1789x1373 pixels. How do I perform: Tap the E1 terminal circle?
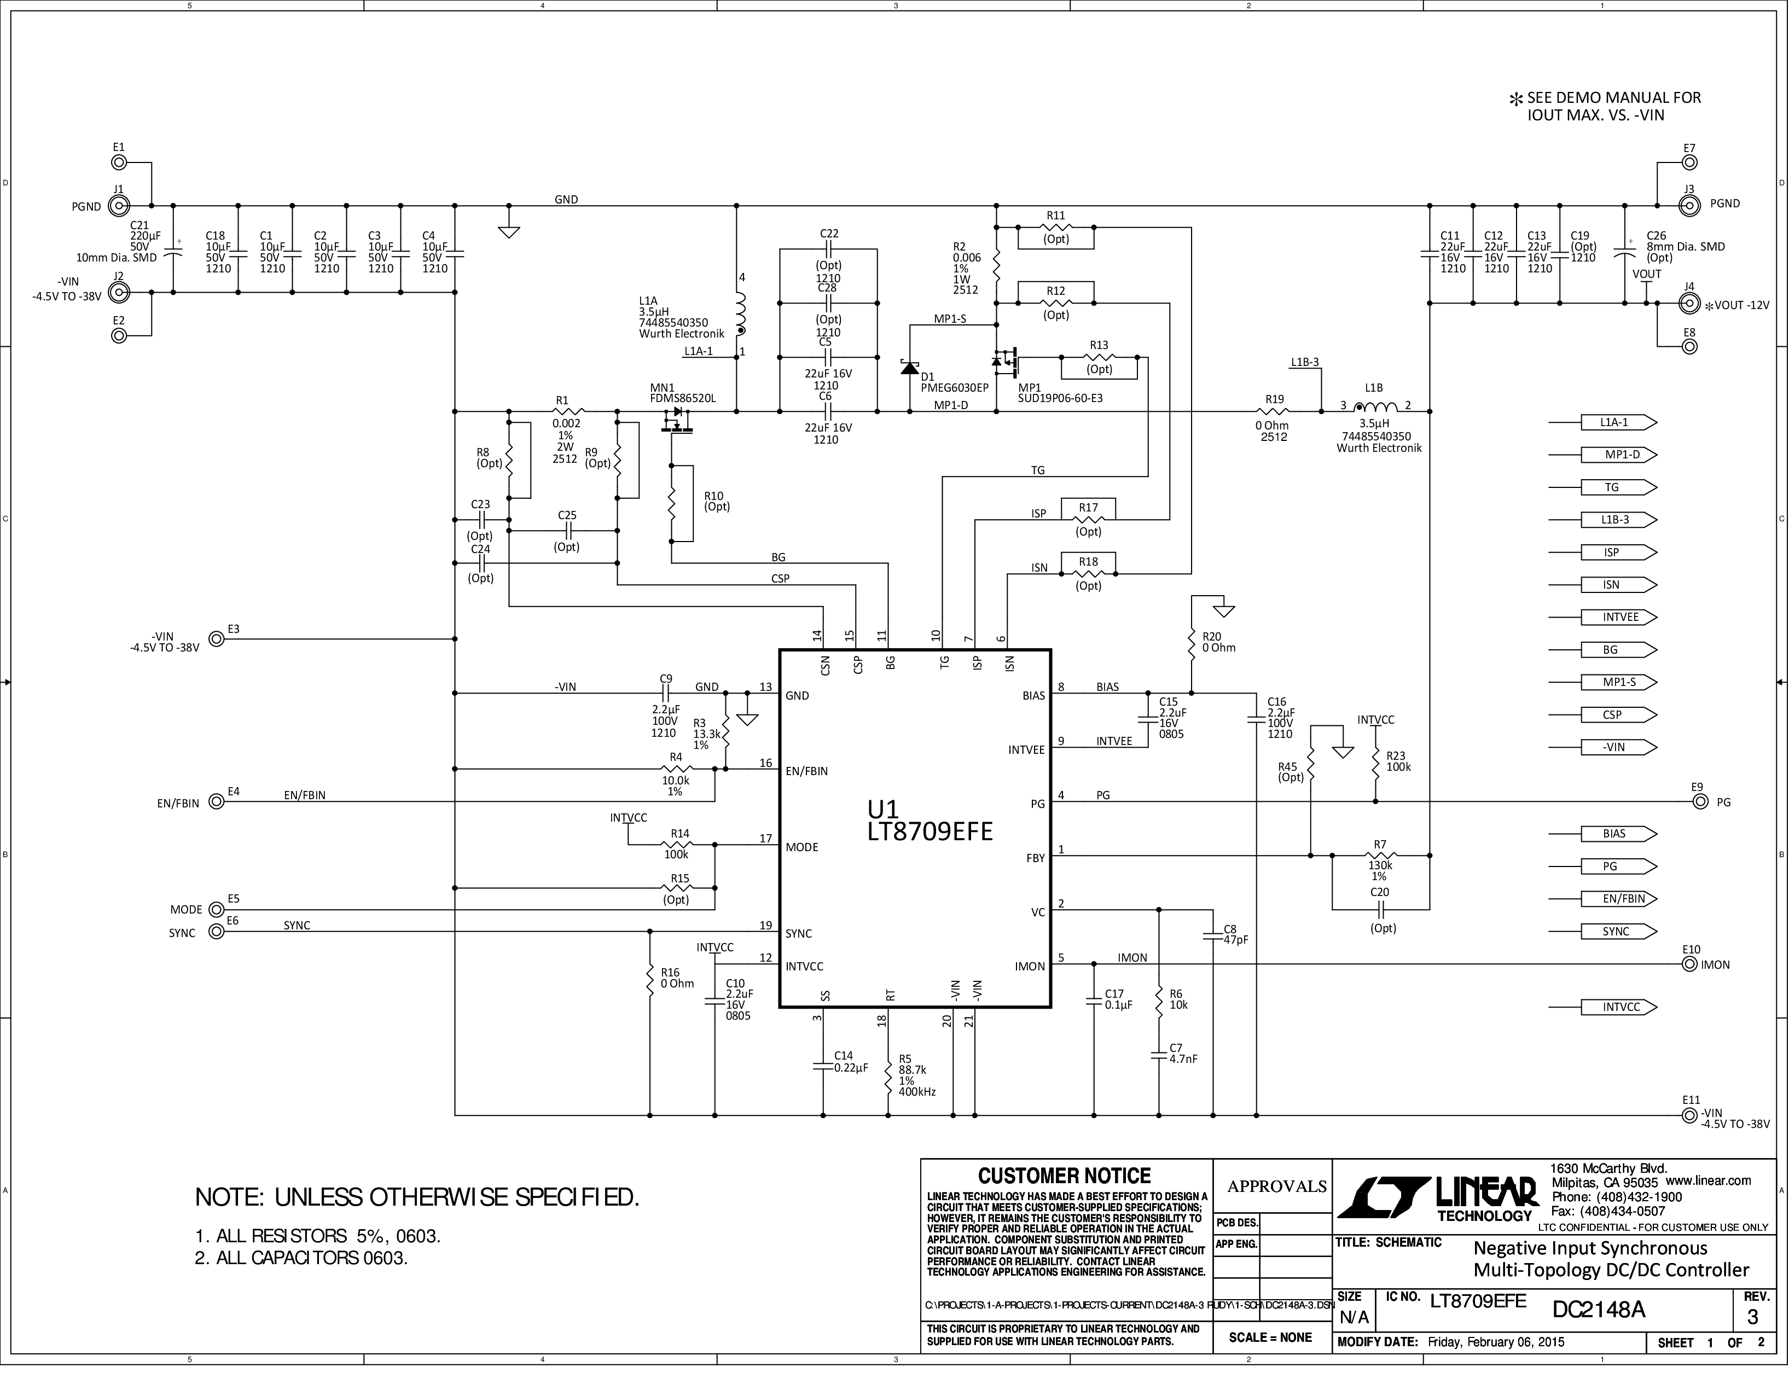click(119, 162)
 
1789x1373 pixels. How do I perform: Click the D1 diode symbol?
click(910, 367)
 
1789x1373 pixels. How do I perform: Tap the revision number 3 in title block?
click(1751, 1317)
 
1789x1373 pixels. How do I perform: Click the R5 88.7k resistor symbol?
click(888, 1080)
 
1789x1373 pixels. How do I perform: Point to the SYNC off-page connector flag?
click(1619, 932)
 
